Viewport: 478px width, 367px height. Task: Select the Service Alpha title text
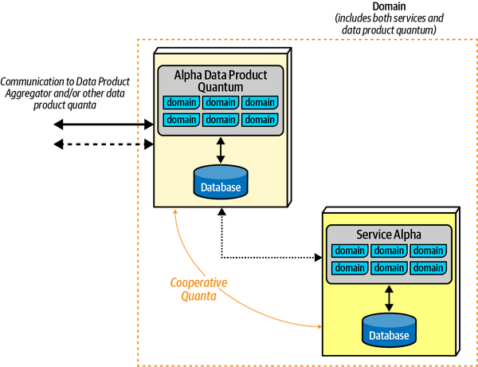(x=388, y=235)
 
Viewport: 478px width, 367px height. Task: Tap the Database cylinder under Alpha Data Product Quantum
(x=221, y=183)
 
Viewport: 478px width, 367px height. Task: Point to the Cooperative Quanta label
(x=198, y=288)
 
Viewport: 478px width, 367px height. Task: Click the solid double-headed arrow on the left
(x=104, y=124)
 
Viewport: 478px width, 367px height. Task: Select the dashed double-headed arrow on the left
(x=104, y=144)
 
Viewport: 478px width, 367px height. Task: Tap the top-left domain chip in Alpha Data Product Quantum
(x=182, y=102)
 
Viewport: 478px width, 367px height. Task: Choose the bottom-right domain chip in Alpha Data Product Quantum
(x=260, y=120)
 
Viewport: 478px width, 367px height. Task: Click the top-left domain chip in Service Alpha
(x=350, y=251)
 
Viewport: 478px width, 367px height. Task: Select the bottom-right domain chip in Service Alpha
(x=428, y=267)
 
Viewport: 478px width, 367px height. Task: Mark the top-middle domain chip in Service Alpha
(x=389, y=251)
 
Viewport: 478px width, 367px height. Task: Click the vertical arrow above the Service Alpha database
(x=389, y=298)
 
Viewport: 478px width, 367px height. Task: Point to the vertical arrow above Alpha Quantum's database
(x=221, y=150)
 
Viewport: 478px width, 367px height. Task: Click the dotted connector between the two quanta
(x=271, y=257)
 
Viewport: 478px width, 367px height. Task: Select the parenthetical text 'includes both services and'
(x=390, y=18)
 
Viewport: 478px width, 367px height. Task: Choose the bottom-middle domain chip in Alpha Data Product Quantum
(x=221, y=120)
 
